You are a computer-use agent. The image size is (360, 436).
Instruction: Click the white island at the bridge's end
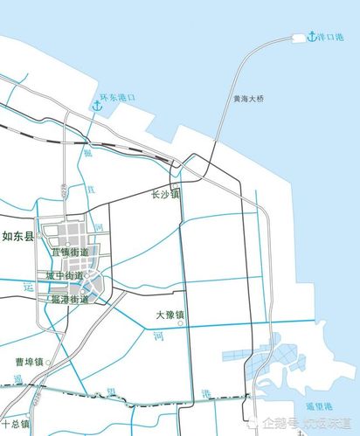[298, 38]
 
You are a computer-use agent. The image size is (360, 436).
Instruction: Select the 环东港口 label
[119, 98]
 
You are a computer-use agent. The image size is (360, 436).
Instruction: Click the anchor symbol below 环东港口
[96, 107]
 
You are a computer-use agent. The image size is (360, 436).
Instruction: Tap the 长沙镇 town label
[165, 194]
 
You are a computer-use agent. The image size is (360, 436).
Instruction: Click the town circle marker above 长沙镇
[174, 183]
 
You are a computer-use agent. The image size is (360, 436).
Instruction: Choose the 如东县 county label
[17, 236]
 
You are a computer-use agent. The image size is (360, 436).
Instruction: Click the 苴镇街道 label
[70, 252]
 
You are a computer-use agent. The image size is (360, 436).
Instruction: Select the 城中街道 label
[66, 276]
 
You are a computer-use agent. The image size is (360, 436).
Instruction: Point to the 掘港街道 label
[70, 300]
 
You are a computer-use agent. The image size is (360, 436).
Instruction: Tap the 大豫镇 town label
[170, 315]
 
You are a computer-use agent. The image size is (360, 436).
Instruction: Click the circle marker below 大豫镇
[180, 323]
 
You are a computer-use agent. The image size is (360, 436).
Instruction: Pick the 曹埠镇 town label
[29, 361]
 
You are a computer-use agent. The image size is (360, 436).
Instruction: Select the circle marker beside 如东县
[38, 237]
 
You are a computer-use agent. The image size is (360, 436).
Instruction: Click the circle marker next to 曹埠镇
[49, 361]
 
